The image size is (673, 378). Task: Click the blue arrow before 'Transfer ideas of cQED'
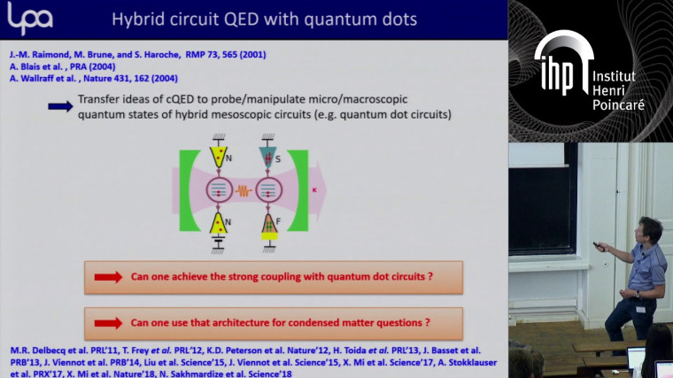pyautogui.click(x=61, y=105)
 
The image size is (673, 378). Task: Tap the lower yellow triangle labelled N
pyautogui.click(x=218, y=224)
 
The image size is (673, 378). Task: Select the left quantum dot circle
pyautogui.click(x=218, y=189)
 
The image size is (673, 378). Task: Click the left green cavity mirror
pyautogui.click(x=188, y=189)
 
